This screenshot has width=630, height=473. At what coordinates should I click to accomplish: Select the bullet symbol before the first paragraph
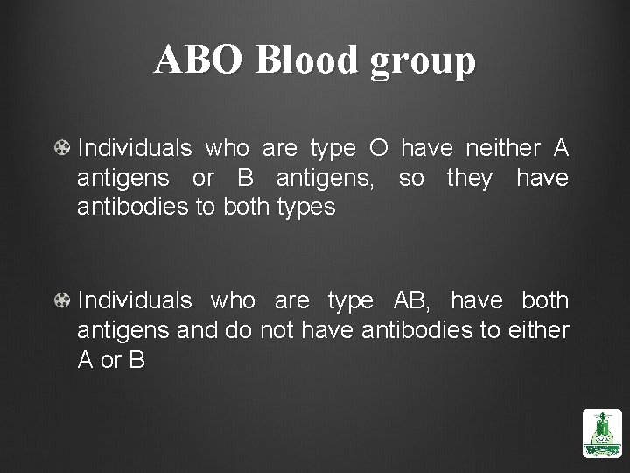coord(63,149)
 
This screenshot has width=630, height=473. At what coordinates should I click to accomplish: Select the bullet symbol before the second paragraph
coord(63,300)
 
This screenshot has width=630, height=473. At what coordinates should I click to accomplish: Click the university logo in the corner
coord(601,432)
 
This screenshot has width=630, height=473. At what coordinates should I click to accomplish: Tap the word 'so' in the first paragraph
coord(412,179)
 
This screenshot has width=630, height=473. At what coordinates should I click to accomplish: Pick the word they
coord(470,179)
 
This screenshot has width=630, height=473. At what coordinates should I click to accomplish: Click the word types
coord(304,208)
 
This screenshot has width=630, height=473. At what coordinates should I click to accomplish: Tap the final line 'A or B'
coord(111,360)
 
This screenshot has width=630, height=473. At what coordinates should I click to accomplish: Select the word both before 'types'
coord(248,208)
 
